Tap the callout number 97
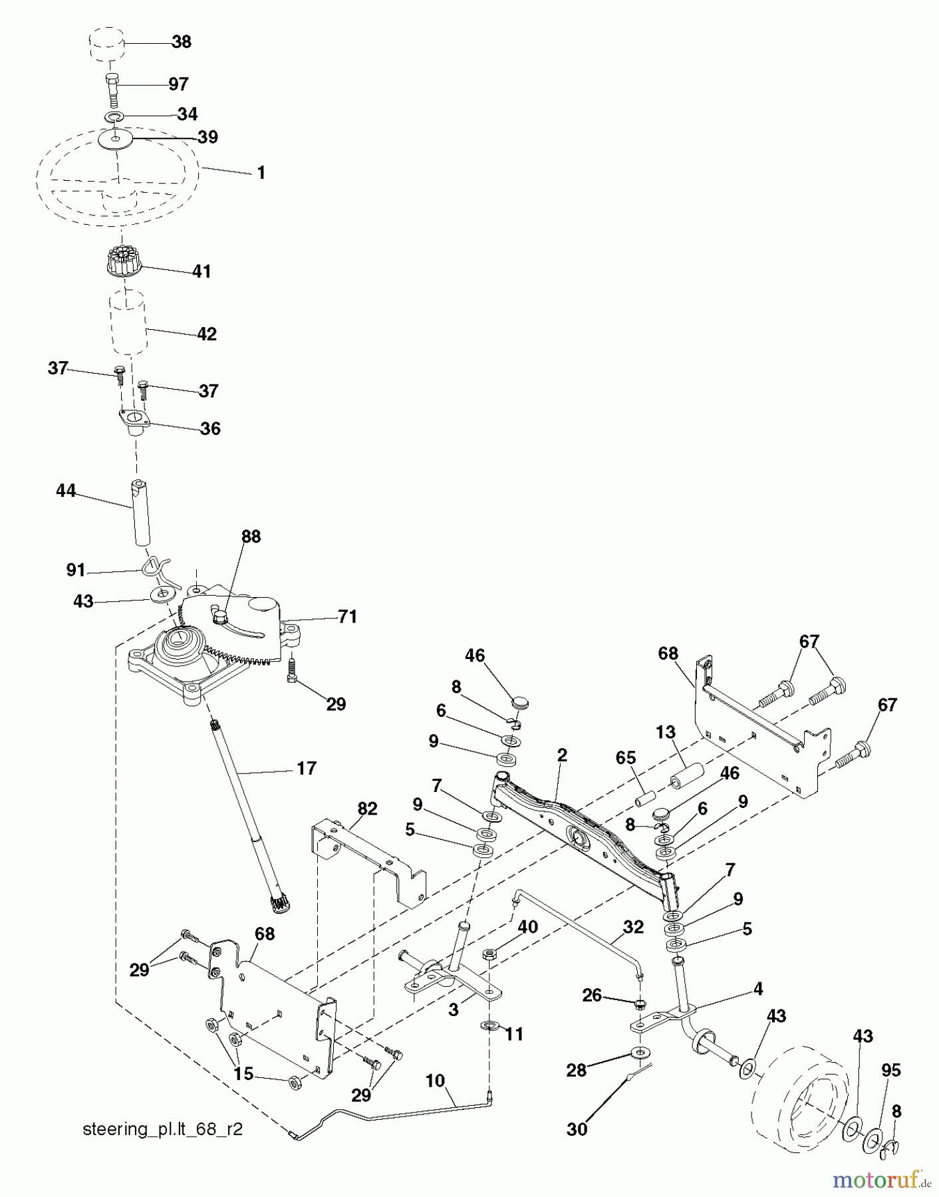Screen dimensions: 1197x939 click(x=178, y=84)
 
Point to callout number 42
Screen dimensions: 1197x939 click(x=207, y=334)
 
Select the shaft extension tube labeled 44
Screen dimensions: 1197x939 click(x=140, y=512)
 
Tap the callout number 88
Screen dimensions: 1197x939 click(x=251, y=537)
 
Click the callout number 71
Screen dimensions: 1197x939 click(x=347, y=617)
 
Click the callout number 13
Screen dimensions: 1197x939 click(x=665, y=732)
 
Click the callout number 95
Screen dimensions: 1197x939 click(x=890, y=1070)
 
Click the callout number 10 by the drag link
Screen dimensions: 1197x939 click(x=435, y=1081)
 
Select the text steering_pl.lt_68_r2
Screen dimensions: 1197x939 click(x=162, y=1129)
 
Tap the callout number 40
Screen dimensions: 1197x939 click(x=528, y=926)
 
